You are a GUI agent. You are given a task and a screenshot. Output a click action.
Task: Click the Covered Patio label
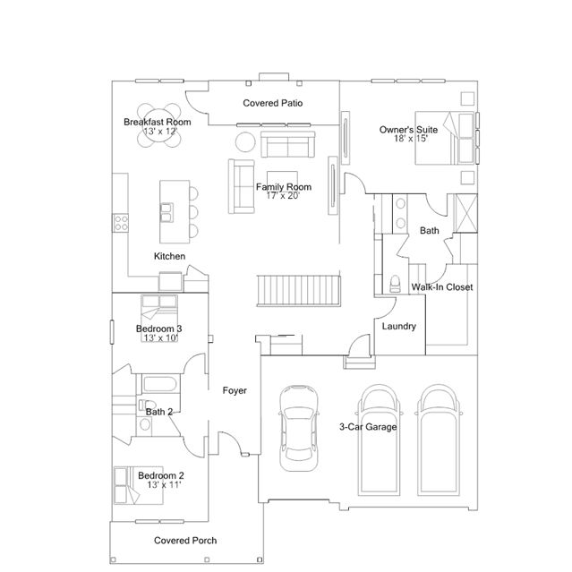273,103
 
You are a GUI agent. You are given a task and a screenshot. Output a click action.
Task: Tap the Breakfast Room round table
159,125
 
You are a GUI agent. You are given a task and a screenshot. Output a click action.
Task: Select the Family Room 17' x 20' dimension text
283,196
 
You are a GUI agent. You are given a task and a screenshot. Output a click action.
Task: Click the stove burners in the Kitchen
121,223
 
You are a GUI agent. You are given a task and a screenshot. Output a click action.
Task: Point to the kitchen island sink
166,212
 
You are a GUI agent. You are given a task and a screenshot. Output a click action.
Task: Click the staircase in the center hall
299,291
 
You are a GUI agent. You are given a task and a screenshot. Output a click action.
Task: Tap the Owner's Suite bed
445,138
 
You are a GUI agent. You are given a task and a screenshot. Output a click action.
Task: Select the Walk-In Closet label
442,287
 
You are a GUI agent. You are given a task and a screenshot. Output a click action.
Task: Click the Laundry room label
399,326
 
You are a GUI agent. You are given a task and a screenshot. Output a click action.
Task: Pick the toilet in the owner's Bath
395,284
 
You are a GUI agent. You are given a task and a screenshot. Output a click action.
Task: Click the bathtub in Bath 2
160,384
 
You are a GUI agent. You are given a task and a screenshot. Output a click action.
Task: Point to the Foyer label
235,390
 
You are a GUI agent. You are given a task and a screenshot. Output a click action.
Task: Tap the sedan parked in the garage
298,428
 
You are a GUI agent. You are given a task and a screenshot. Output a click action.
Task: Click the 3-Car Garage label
368,427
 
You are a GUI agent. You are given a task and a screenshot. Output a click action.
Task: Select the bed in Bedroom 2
138,485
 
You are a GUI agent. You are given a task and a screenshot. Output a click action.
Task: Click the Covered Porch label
185,541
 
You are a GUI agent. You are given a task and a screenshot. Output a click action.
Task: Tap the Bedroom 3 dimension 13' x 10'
160,337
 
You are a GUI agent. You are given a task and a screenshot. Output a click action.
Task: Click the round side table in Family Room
245,142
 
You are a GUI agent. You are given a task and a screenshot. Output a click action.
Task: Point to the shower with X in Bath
465,213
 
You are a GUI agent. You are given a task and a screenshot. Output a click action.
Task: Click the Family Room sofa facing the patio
288,145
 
